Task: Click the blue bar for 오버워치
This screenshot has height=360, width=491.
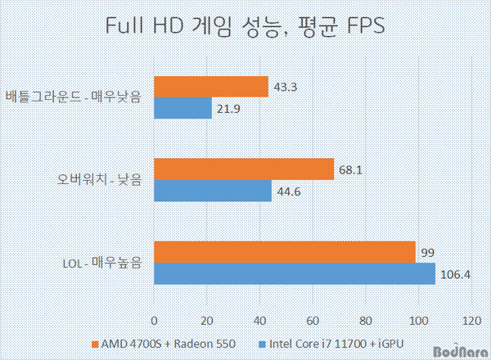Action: pyautogui.click(x=213, y=191)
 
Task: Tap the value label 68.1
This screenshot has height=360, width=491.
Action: pyautogui.click(x=350, y=170)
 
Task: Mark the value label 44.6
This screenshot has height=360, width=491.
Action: pyautogui.click(x=288, y=191)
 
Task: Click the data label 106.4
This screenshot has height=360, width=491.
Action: pyautogui.click(x=455, y=274)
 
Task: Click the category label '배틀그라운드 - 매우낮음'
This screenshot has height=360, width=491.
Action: pyautogui.click(x=72, y=98)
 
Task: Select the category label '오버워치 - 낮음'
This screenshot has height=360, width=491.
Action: pyautogui.click(x=97, y=180)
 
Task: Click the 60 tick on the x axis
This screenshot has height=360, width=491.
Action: pyautogui.click(x=313, y=319)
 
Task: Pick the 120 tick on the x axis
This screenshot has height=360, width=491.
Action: pyautogui.click(x=471, y=319)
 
